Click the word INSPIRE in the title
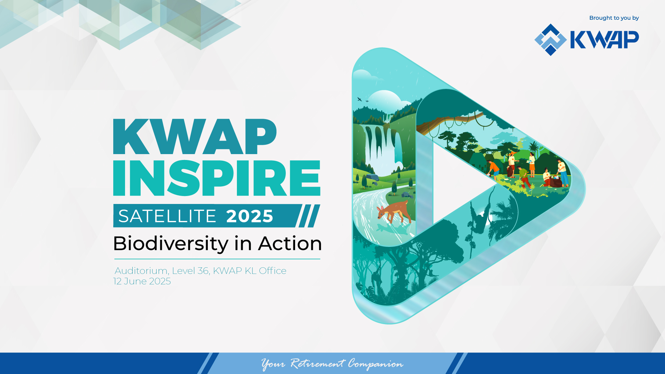(x=217, y=178)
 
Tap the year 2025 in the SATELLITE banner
(x=250, y=216)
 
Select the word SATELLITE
(x=167, y=216)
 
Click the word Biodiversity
(x=170, y=244)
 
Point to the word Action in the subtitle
(x=290, y=243)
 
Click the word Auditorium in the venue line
(x=141, y=271)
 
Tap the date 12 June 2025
(x=142, y=281)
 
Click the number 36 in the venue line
(x=203, y=271)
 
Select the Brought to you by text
(x=614, y=18)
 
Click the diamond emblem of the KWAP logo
(x=550, y=39)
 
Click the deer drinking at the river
(x=394, y=211)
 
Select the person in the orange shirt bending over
(x=493, y=169)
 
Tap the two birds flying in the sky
(x=362, y=100)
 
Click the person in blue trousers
(x=562, y=172)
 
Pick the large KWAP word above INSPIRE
(x=195, y=136)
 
